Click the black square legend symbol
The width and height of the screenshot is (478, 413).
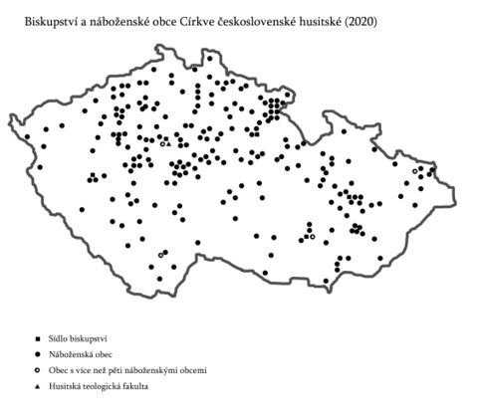point(38,340)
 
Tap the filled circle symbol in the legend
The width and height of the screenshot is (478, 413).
point(38,355)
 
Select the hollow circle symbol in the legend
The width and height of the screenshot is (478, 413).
point(38,370)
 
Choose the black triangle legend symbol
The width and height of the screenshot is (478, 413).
point(38,385)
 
